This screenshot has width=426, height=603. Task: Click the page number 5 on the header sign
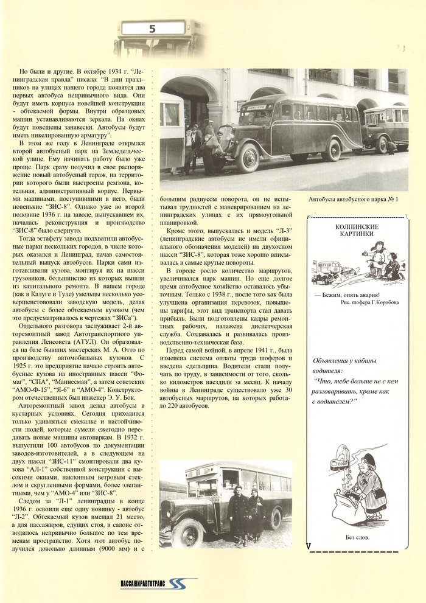coord(152,29)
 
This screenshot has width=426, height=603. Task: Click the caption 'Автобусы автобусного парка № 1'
coord(353,198)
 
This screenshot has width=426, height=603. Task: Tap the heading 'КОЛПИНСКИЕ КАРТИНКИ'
coord(357,231)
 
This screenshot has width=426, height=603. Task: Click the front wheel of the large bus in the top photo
coord(248,158)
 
